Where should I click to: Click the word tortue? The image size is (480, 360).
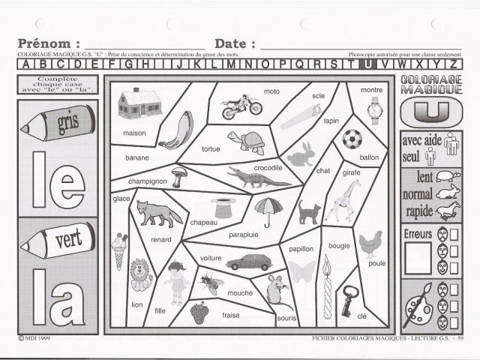click(x=211, y=149)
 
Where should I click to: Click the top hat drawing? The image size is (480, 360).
click(x=222, y=207)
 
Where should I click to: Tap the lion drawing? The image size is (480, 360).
click(x=140, y=275)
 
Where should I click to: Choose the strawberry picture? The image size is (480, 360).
click(x=199, y=310)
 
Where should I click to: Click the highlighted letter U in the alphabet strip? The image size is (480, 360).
click(x=368, y=64)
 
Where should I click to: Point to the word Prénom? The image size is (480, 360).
click(x=48, y=43)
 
